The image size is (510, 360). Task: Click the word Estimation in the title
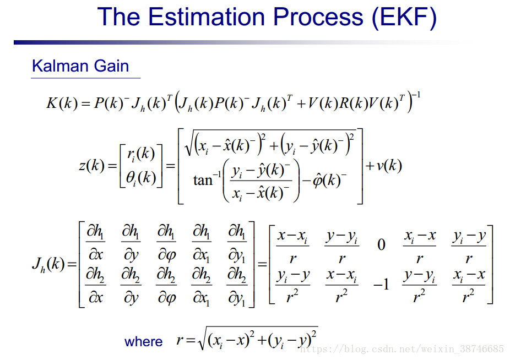pos(207,17)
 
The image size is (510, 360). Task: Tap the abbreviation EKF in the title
pos(404,17)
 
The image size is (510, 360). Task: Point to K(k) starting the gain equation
pos(62,103)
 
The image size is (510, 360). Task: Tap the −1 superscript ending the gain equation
pos(416,95)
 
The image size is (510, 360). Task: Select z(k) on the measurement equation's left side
pos(92,166)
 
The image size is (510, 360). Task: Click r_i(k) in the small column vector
pos(141,154)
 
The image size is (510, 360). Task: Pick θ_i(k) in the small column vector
pos(141,178)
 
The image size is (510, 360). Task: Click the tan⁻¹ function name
pos(207,179)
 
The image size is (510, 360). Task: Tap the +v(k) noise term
pos(384,166)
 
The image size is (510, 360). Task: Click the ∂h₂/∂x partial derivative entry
pos(95,286)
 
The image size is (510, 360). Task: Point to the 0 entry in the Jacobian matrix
pos(381,244)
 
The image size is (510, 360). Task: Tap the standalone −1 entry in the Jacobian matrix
pos(381,285)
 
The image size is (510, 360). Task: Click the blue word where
pos(143,341)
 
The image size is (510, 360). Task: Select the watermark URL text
pos(402,350)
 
